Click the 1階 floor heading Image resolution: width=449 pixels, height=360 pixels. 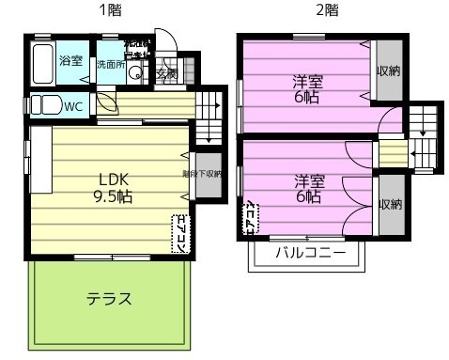[x=110, y=10]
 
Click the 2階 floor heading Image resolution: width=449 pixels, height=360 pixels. [x=326, y=10]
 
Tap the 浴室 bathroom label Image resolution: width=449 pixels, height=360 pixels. [x=70, y=61]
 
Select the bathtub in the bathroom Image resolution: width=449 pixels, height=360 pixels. [x=41, y=64]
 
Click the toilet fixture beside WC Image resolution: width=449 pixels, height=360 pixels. [x=44, y=105]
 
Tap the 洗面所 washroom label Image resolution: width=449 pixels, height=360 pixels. [x=109, y=65]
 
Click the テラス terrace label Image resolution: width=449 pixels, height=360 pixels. [x=109, y=299]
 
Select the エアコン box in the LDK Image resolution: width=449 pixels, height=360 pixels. [x=178, y=233]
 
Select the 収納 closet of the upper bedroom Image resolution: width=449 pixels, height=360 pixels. [x=389, y=71]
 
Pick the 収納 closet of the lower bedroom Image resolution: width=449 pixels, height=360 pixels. [x=391, y=204]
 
